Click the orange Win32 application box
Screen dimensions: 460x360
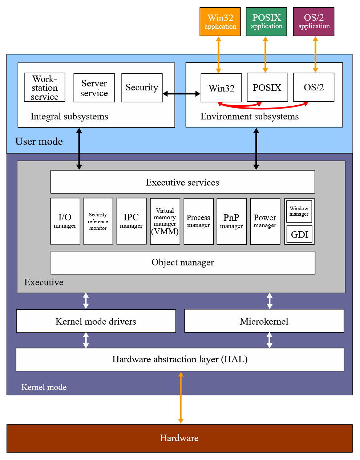[220, 22]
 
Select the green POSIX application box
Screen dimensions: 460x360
[266, 22]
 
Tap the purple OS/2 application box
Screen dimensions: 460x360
[314, 22]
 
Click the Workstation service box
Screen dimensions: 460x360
[45, 87]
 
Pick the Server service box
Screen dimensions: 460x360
[94, 88]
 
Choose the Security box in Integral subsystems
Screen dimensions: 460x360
[142, 87]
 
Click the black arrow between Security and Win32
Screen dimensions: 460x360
[181, 94]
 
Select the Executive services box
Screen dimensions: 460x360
[182, 182]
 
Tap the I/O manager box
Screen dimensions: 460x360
[65, 221]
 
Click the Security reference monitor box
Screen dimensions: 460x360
[98, 221]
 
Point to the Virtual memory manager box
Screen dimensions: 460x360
[165, 221]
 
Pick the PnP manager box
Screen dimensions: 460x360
[231, 221]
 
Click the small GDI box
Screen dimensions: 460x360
[299, 234]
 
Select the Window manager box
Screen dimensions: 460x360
[299, 211]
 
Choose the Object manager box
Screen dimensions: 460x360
[183, 262]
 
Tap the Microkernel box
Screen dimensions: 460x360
[264, 321]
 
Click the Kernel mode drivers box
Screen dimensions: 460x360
[96, 321]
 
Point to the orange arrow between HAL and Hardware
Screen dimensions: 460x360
[181, 398]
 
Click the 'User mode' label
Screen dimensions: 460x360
[39, 141]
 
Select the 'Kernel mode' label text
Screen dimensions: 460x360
[44, 387]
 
